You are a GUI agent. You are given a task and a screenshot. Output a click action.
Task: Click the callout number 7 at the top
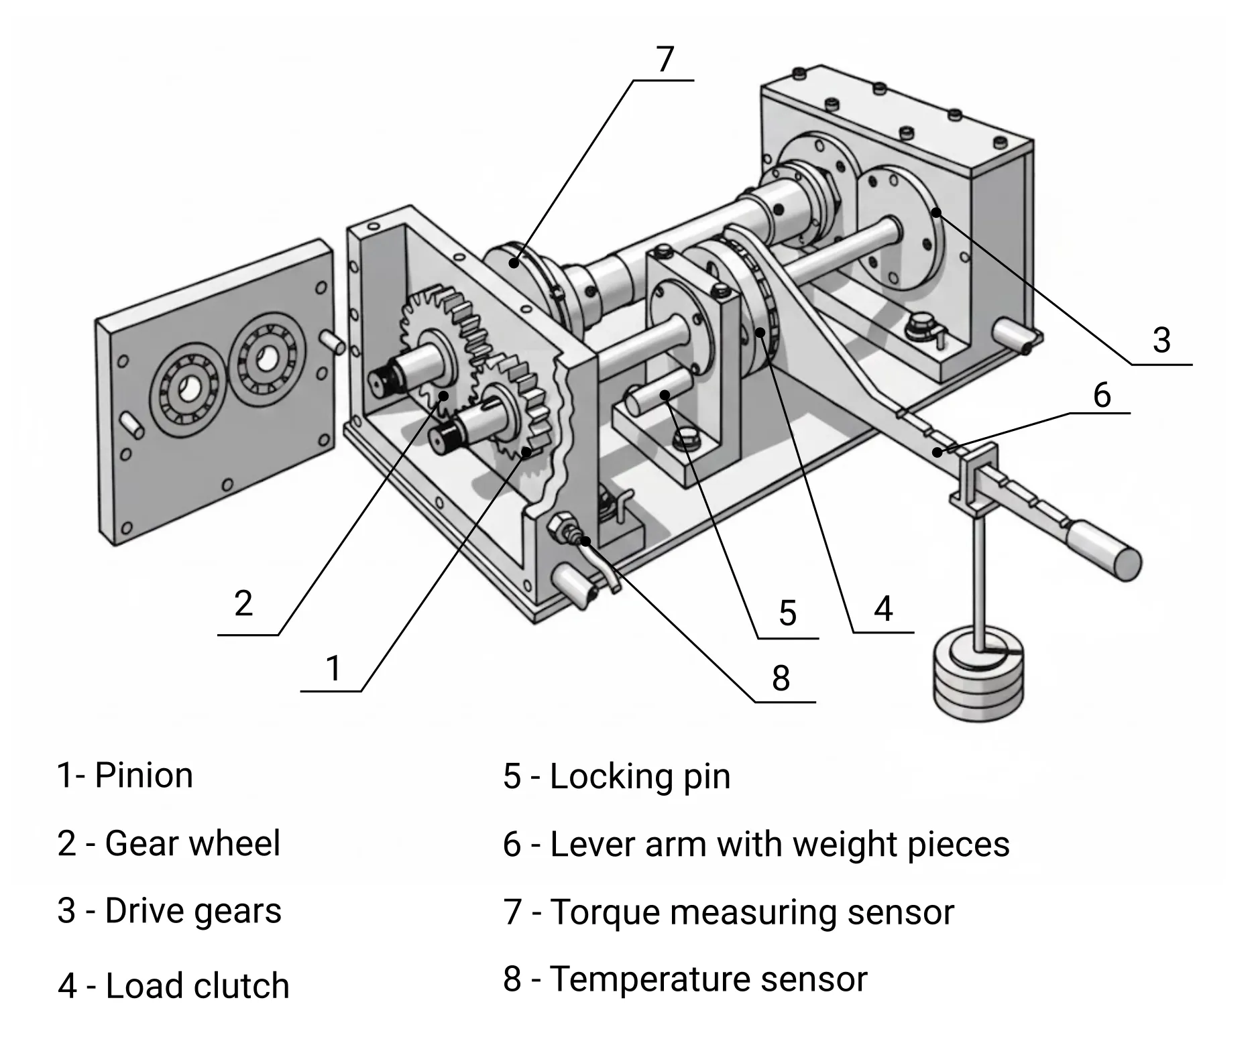[x=664, y=60]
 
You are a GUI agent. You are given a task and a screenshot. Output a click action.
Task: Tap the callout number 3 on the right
[x=1161, y=341]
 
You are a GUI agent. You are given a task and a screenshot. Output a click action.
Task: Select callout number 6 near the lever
[x=1102, y=395]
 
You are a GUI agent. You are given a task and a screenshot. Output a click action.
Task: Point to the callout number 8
[x=781, y=678]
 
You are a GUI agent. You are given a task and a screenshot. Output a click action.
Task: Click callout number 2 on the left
[x=243, y=603]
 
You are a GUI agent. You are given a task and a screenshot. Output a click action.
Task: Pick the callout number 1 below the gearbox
[x=333, y=668]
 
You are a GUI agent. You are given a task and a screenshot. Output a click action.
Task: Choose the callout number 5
[x=787, y=613]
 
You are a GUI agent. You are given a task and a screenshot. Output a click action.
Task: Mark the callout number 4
[x=883, y=609]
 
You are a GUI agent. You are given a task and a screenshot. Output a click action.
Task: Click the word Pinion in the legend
[x=144, y=776]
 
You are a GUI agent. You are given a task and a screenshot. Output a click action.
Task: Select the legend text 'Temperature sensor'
[x=708, y=979]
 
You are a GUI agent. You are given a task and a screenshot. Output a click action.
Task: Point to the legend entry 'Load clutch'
[x=197, y=985]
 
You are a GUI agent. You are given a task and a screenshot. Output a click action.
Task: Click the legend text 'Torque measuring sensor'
[x=751, y=912]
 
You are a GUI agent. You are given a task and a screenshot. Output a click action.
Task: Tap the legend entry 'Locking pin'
[x=640, y=776]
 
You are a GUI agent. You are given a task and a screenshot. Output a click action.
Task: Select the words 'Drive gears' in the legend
[x=193, y=911]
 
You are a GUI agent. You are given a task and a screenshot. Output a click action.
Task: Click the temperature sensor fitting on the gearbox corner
[x=562, y=525]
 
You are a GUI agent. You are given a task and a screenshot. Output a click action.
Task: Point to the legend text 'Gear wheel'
[x=192, y=843]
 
